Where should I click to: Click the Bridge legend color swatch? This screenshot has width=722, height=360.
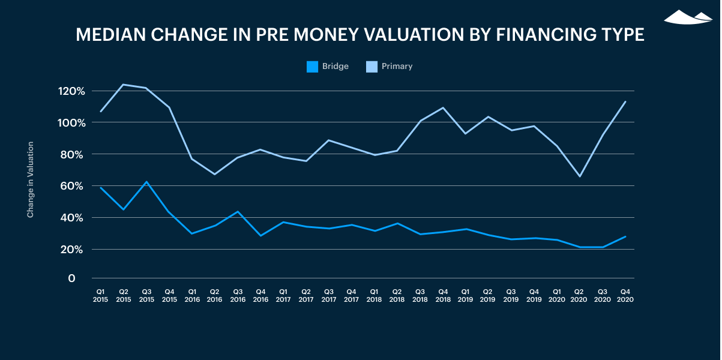(x=312, y=67)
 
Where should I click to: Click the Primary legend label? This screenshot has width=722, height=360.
(x=397, y=67)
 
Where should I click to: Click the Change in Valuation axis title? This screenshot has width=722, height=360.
(x=30, y=179)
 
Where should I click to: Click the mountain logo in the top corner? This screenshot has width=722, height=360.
(x=688, y=17)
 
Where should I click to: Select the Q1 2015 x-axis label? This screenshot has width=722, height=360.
(x=100, y=295)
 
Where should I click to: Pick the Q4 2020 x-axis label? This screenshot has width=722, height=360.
(x=625, y=295)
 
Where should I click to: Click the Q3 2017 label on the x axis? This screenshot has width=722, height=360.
(x=329, y=295)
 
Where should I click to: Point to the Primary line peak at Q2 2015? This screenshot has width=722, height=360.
(x=123, y=85)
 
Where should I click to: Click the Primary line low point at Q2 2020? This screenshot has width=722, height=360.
(x=580, y=176)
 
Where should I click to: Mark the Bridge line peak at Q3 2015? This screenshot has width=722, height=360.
(x=146, y=182)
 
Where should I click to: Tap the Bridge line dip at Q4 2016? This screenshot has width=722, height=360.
(x=260, y=236)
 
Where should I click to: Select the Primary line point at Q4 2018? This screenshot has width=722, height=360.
(x=443, y=108)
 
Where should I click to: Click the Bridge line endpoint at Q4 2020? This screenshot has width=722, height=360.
(x=625, y=236)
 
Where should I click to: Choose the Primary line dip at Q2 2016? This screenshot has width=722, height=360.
(x=214, y=175)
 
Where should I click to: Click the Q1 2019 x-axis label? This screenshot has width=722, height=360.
(x=466, y=295)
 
